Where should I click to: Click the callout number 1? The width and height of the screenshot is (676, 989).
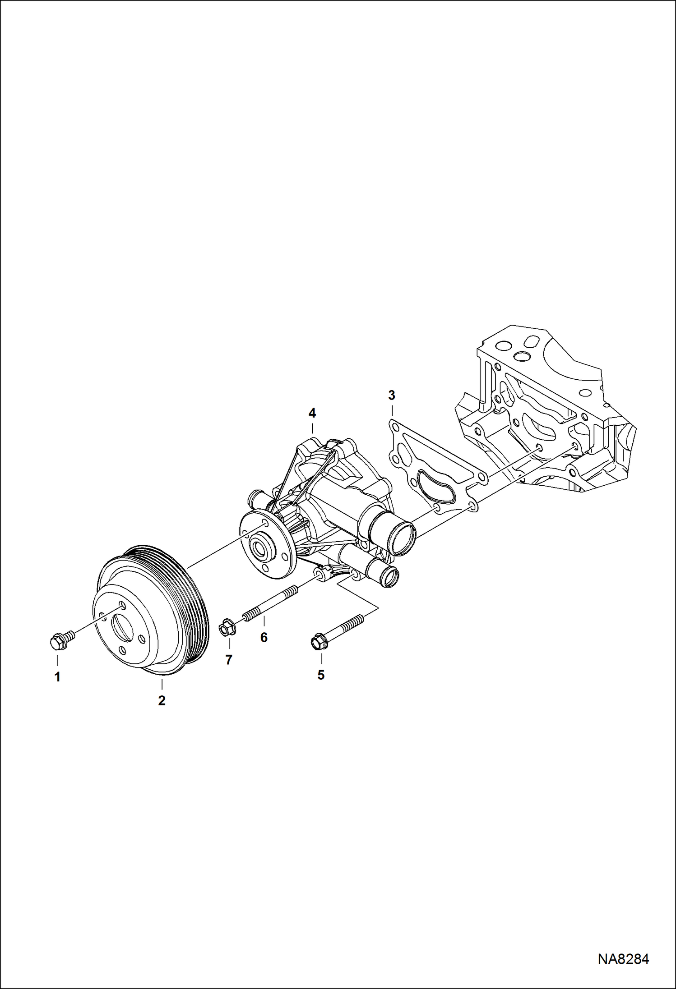57,677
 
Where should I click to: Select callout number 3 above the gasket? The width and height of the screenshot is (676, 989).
391,396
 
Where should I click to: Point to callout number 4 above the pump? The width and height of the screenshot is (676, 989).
312,413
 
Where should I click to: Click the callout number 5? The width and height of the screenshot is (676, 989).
321,675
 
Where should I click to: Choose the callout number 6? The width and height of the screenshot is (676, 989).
264,638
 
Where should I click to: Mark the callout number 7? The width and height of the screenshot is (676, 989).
229,660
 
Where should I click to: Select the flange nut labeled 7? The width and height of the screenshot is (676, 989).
227,628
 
